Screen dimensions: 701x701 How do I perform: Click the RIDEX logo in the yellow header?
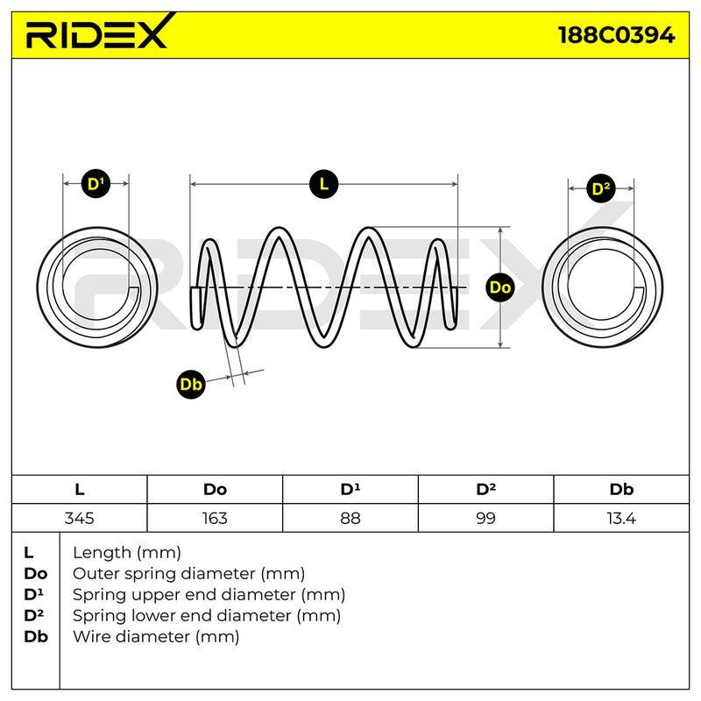(100, 32)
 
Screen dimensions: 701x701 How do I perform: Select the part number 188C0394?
(617, 35)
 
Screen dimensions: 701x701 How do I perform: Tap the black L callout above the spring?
(323, 184)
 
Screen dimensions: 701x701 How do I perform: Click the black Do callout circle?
(499, 287)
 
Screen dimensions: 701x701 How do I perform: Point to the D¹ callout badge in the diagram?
(96, 184)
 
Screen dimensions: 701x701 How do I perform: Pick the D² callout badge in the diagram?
(601, 188)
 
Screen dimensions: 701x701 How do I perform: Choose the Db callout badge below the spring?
(191, 384)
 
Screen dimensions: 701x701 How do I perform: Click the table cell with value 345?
(79, 518)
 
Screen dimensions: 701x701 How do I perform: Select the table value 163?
(215, 518)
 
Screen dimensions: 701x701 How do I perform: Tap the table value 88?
(350, 518)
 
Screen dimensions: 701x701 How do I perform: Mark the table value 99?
(485, 518)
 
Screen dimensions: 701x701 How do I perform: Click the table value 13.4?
(621, 518)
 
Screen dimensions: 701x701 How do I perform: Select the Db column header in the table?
(621, 490)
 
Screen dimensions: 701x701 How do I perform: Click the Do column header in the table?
(215, 490)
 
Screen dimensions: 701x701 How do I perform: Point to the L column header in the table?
(80, 490)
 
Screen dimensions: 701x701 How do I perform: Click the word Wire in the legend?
(93, 636)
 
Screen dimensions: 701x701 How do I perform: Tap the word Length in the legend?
(101, 554)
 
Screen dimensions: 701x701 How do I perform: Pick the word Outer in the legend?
(96, 574)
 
